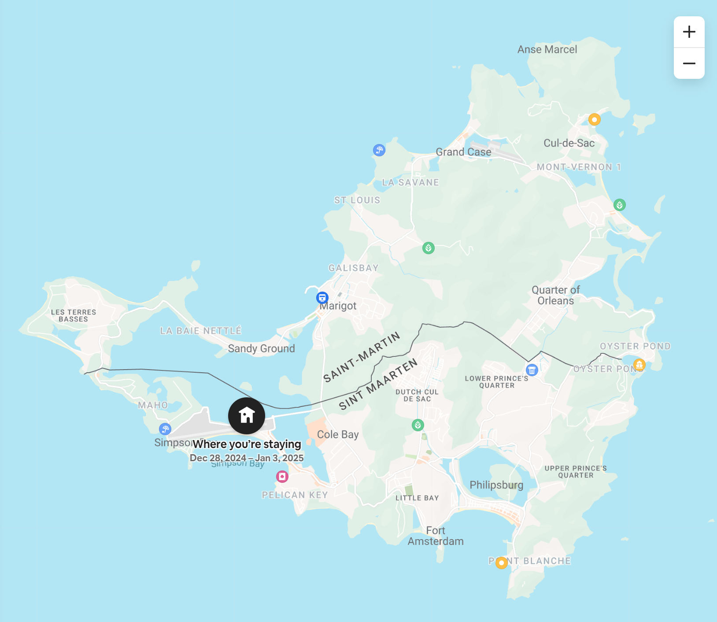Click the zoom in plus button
(689, 32)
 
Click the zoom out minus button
(689, 63)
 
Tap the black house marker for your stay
(247, 415)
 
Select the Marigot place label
(338, 306)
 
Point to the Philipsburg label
(496, 485)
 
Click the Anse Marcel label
(547, 49)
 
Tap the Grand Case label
(463, 152)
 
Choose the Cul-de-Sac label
(569, 143)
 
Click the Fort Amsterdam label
(436, 536)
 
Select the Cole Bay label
(338, 434)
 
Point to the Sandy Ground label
(261, 348)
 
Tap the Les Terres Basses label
(74, 315)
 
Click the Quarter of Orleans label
(556, 295)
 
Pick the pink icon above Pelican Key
(282, 476)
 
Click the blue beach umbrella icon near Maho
(165, 429)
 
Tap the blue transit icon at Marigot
(322, 298)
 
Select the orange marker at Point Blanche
(501, 563)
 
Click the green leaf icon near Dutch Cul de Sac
(418, 425)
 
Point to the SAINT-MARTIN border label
(362, 357)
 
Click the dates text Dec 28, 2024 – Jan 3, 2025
(247, 458)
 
